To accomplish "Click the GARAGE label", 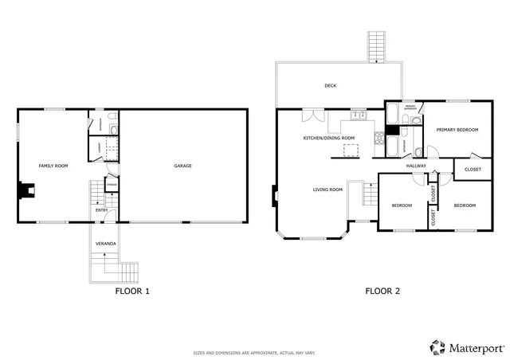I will pos(182,166).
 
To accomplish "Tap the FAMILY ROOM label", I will pos(53,166).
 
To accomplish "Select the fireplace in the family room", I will pos(27,190).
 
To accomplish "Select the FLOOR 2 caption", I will pos(382,291).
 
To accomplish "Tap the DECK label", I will pos(330,86).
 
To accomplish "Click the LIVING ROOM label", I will pos(328,189).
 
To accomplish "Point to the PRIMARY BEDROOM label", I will pos(456,130).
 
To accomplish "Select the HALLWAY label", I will pos(416,166).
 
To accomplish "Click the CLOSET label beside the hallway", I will pos(473,169).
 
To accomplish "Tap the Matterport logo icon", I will pos(437,347).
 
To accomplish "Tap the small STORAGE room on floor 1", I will pos(112,188).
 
